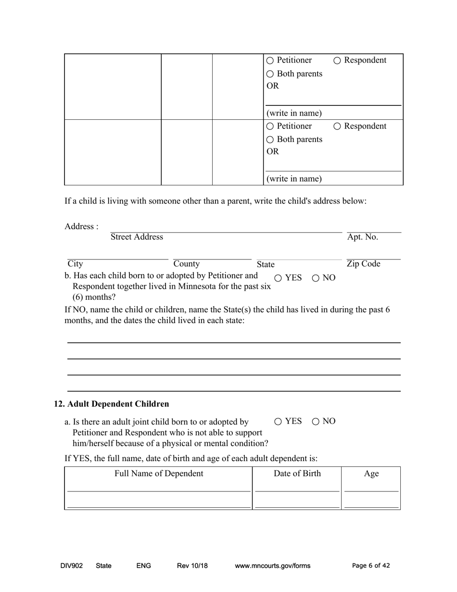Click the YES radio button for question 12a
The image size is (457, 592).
279,422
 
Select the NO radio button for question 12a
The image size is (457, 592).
316,422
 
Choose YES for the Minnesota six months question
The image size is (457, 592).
279,278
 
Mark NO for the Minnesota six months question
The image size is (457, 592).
316,278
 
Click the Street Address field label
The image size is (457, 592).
137,237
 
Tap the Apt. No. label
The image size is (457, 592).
362,237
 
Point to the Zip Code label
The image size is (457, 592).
363,264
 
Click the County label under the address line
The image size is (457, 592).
187,264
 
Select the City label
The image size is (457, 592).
75,264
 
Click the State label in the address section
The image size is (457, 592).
266,264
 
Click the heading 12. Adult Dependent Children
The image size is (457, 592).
112,404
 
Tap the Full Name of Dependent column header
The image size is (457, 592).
159,474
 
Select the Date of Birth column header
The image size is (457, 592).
297,474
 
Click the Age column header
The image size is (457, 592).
371,474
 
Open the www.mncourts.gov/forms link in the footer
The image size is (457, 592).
272,566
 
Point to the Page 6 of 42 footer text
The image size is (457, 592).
371,566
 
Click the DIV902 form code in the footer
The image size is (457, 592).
72,566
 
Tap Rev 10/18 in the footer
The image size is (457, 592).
192,566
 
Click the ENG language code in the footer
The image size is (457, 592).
144,566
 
